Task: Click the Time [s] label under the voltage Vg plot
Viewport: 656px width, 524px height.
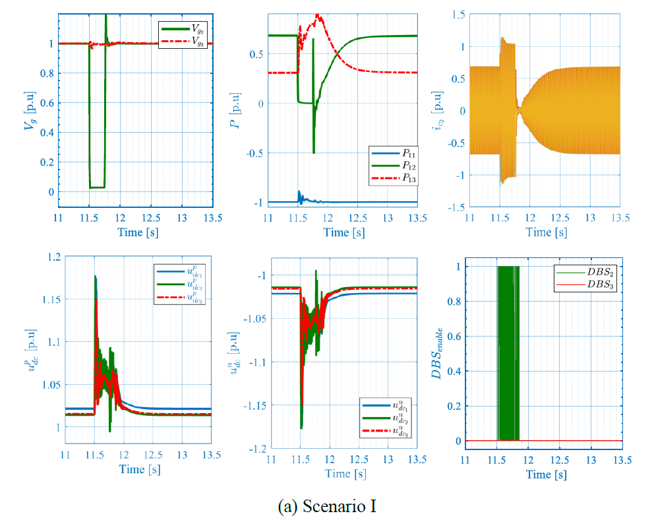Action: click(136, 232)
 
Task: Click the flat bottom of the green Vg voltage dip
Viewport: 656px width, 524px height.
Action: click(97, 187)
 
